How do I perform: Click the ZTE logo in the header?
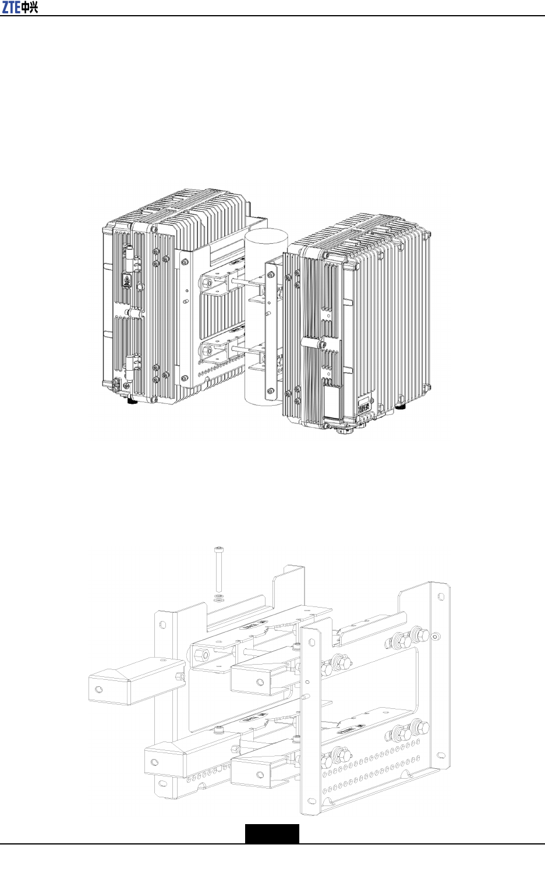(x=20, y=8)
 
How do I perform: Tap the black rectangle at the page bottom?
(x=271, y=833)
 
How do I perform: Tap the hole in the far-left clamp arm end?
(x=98, y=689)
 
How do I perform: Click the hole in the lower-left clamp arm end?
(x=155, y=762)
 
